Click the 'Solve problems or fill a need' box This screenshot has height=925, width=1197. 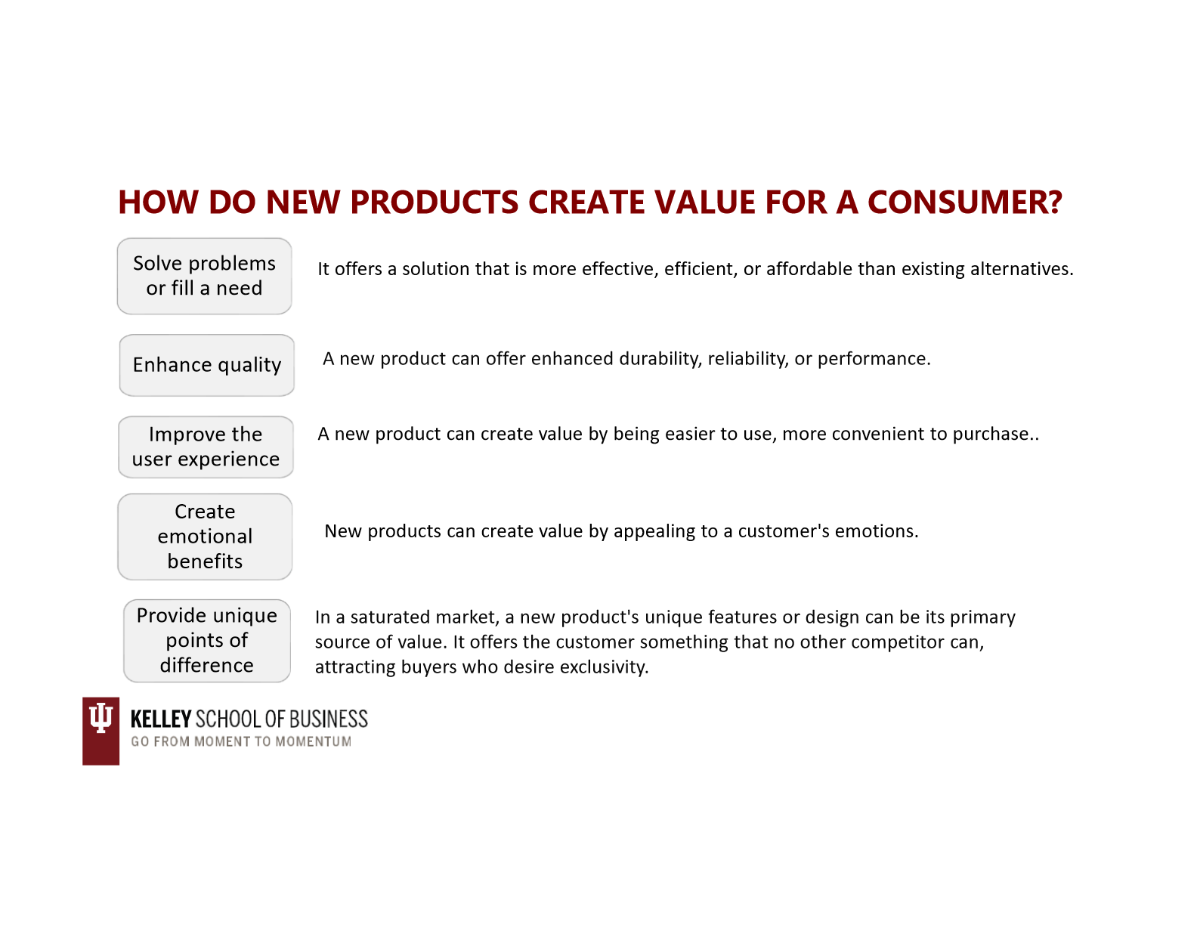coord(204,276)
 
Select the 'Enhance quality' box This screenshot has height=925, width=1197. coord(206,365)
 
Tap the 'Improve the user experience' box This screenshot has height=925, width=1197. coord(206,447)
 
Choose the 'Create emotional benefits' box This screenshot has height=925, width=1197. coord(205,537)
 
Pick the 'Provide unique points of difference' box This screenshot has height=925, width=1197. coord(207,641)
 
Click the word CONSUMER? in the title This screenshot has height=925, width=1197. coord(964,203)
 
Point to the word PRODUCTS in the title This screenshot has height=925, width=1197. coord(434,203)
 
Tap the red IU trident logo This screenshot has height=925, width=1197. coord(101,731)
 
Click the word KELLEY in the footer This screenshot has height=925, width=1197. coord(161,719)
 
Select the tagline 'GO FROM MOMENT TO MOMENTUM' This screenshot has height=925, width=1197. coord(241,741)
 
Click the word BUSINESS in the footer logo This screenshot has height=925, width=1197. coord(328,719)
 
